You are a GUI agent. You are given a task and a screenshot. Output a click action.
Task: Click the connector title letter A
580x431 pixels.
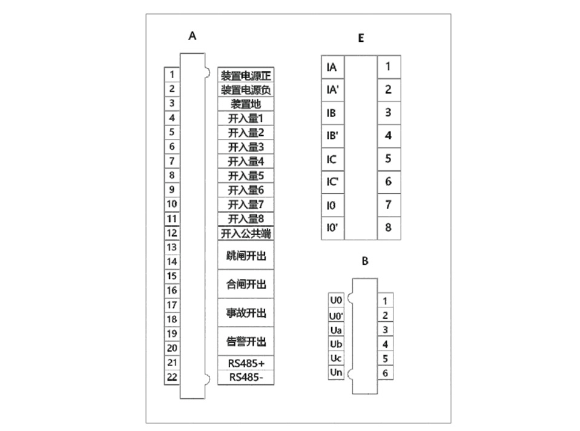(193, 36)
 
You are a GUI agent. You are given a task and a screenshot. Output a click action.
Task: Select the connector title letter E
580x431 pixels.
(361, 38)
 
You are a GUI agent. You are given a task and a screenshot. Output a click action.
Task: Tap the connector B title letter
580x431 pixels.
(364, 261)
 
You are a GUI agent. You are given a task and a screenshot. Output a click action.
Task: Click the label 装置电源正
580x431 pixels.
(246, 76)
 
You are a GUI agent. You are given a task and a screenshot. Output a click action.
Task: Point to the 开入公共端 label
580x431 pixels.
(246, 233)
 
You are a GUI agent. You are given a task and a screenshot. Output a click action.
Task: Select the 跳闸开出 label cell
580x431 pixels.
(246, 256)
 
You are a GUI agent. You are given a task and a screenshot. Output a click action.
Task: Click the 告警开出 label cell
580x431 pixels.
(246, 342)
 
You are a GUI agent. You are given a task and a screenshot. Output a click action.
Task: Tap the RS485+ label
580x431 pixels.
(246, 363)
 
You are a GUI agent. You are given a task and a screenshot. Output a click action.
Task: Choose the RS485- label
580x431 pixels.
(246, 377)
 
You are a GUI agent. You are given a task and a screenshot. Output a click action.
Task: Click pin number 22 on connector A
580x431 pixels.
(172, 377)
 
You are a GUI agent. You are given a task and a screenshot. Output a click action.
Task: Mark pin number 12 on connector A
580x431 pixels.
(172, 233)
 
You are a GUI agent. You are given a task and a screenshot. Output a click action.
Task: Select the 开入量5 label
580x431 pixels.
(246, 176)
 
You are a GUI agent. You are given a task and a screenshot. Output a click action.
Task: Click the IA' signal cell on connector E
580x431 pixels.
(332, 90)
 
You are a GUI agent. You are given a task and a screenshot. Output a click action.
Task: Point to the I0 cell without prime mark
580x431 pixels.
(332, 205)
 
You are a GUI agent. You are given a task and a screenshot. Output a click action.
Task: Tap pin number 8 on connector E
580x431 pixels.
(388, 228)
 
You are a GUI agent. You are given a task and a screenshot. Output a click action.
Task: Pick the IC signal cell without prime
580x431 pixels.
(332, 159)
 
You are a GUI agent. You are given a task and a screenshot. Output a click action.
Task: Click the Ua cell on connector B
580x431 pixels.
(336, 330)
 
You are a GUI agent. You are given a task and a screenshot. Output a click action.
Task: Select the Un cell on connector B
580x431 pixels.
(336, 372)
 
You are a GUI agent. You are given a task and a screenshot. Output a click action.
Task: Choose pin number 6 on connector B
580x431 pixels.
(385, 373)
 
